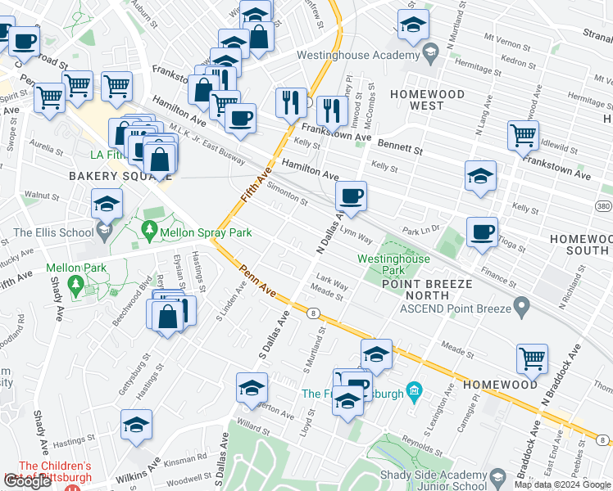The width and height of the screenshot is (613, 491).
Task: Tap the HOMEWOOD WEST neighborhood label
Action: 427,101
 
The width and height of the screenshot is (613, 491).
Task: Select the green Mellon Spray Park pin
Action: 148,232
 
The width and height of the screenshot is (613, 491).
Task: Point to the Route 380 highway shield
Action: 603,205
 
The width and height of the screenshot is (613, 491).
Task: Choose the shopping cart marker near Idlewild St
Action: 523,137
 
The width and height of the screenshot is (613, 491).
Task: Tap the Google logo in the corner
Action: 28,481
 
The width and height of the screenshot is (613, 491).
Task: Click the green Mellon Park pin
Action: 76,286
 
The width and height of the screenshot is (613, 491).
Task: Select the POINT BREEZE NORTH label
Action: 425,290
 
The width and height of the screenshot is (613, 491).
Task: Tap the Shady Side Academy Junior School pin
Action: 497,476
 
